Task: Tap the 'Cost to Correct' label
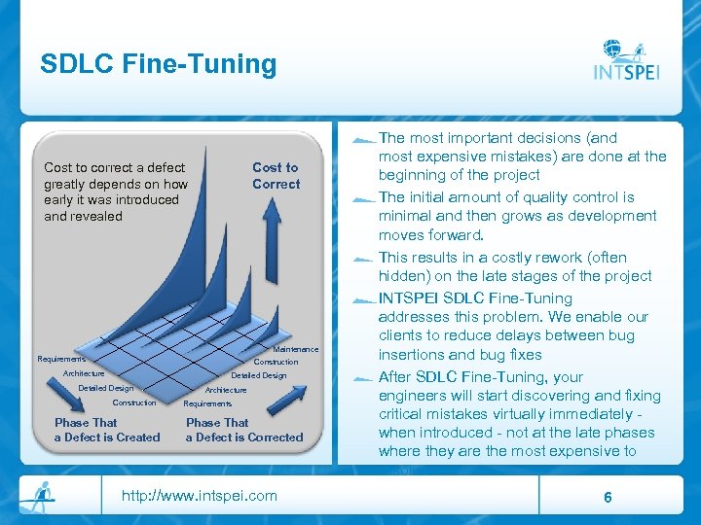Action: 276,176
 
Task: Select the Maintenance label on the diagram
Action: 296,349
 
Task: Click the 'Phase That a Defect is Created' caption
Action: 106,430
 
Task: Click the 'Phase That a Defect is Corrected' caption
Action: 244,430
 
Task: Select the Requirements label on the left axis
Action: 60,359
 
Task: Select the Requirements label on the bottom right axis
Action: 207,403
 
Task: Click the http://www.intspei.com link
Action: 199,496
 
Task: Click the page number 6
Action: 608,497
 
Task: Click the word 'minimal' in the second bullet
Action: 405,216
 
